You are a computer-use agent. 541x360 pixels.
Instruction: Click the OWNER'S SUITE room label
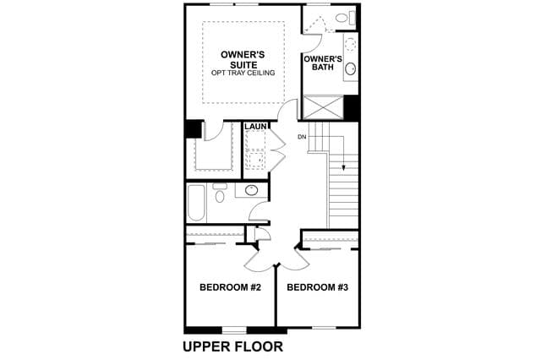pyautogui.click(x=243, y=60)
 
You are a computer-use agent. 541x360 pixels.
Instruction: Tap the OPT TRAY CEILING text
pyautogui.click(x=243, y=73)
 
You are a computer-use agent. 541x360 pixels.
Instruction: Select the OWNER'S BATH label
pyautogui.click(x=323, y=63)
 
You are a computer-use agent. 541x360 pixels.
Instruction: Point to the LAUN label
pyautogui.click(x=255, y=127)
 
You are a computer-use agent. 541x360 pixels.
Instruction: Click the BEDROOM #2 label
pyautogui.click(x=230, y=287)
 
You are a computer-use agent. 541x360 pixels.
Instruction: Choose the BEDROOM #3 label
pyautogui.click(x=318, y=287)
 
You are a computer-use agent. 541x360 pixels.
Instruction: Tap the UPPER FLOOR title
pyautogui.click(x=233, y=346)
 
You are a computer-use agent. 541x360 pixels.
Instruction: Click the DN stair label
pyautogui.click(x=302, y=137)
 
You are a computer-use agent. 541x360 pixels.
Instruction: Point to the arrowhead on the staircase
pyautogui.click(x=344, y=168)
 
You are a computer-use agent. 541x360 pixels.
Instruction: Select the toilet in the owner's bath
pyautogui.click(x=346, y=18)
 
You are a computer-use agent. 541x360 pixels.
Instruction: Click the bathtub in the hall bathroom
pyautogui.click(x=196, y=203)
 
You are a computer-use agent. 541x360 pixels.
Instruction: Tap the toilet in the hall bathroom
pyautogui.click(x=220, y=194)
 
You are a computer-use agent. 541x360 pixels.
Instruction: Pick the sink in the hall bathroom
pyautogui.click(x=251, y=190)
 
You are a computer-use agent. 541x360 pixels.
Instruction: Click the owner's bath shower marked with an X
pyautogui.click(x=323, y=107)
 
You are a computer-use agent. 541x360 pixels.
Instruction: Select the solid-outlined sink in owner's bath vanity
pyautogui.click(x=351, y=68)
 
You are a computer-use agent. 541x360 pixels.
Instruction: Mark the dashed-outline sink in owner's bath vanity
pyautogui.click(x=351, y=44)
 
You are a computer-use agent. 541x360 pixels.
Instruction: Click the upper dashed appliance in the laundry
pyautogui.click(x=255, y=140)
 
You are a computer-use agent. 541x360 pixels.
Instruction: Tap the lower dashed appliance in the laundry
pyautogui.click(x=255, y=160)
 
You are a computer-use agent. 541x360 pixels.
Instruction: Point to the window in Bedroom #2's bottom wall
pyautogui.click(x=234, y=330)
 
